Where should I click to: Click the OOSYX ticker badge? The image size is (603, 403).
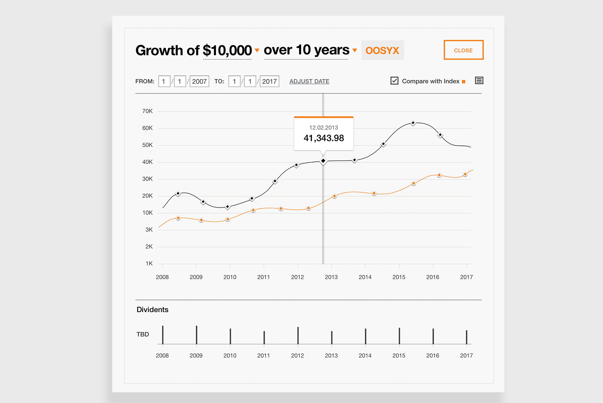tap(382, 50)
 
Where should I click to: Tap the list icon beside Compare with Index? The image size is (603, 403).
tap(479, 81)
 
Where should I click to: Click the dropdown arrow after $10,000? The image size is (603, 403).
tap(257, 50)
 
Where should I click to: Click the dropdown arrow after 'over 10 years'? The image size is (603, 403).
tap(355, 50)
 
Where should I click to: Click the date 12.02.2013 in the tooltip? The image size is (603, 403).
tap(324, 128)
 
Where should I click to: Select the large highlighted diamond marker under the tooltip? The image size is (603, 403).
tap(323, 161)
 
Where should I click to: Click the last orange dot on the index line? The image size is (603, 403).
tap(465, 174)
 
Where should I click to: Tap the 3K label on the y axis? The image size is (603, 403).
tap(149, 229)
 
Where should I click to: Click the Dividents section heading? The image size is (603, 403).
tap(152, 310)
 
